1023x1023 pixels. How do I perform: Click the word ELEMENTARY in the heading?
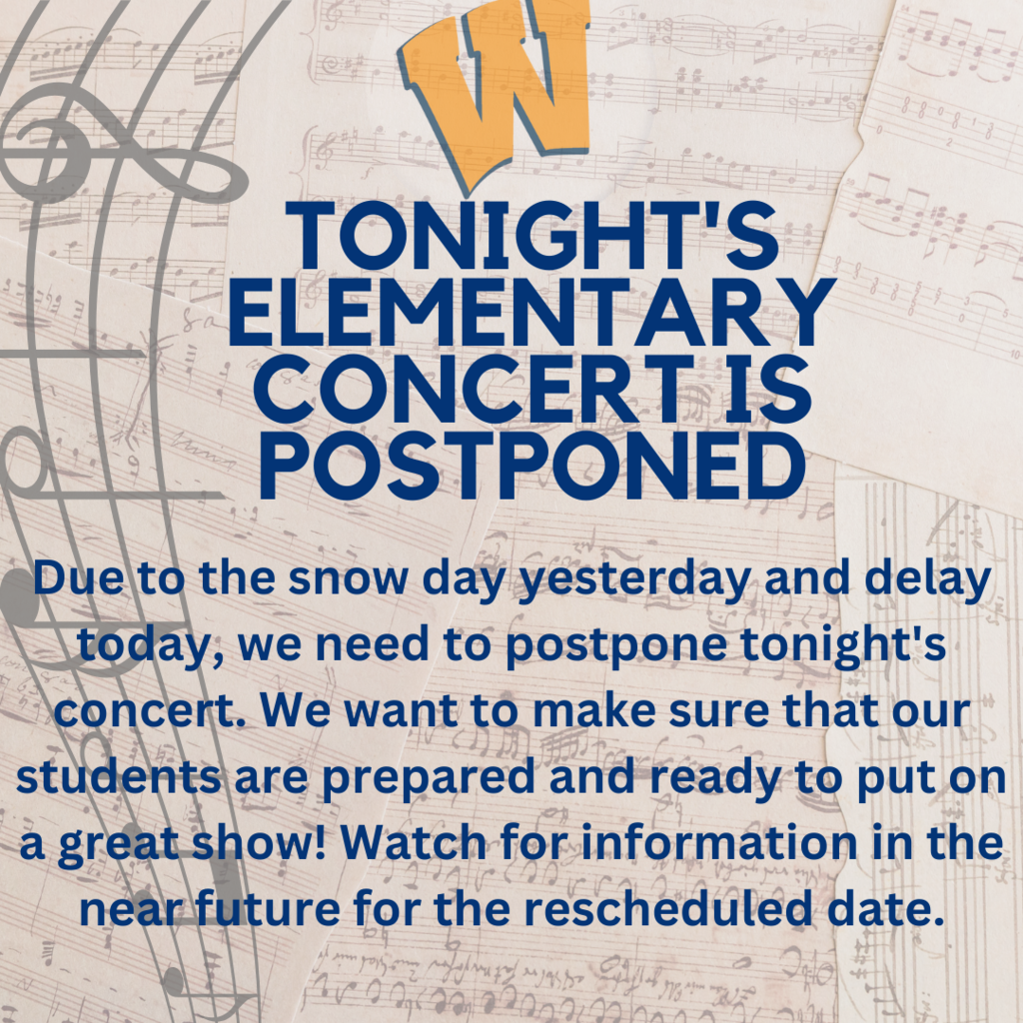click(x=531, y=312)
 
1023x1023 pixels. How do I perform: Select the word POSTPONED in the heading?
click(x=531, y=465)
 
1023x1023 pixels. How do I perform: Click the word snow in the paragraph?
click(x=348, y=579)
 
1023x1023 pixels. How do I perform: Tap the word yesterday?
click(x=632, y=580)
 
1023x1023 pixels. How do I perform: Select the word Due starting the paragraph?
click(x=78, y=578)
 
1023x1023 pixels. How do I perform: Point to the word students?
click(x=118, y=776)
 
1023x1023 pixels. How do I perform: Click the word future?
click(x=268, y=908)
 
